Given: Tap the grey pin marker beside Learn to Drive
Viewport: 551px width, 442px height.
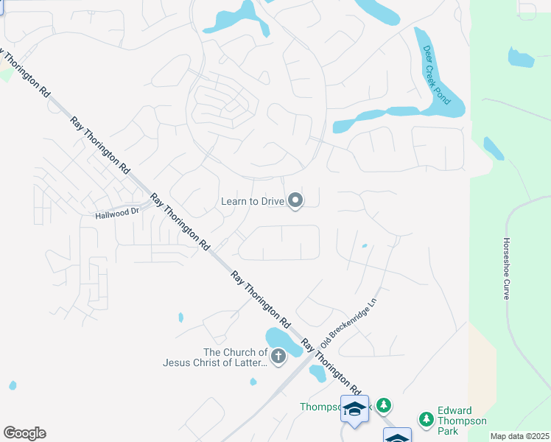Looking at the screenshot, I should tap(295, 200).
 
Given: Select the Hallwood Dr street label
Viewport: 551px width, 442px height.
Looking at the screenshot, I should tap(117, 213).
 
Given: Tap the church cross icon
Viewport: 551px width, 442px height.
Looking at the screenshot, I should tap(278, 357).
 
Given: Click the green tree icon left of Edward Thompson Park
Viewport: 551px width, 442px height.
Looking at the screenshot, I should tap(426, 419).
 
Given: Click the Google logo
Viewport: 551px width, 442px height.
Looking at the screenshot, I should tap(24, 433).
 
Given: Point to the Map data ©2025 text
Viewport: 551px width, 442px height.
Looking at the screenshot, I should tap(519, 436).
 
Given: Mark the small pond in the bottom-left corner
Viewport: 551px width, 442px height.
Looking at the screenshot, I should tap(13, 385).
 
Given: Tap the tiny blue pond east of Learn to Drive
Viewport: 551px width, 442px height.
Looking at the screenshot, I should tap(364, 246).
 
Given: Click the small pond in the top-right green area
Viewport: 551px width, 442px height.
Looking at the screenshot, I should tap(520, 57).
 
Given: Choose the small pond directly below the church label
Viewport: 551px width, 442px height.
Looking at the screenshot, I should tap(253, 382).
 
